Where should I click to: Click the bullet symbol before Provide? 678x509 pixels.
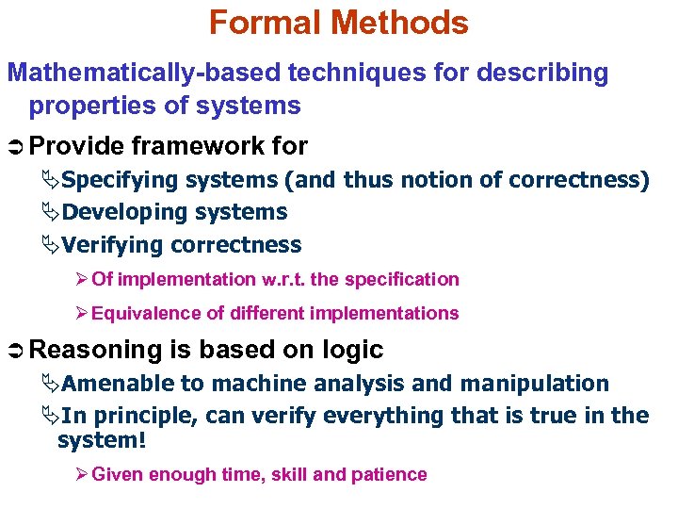(16, 147)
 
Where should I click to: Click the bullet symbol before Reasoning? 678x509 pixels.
(16, 351)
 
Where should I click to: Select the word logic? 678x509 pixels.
(351, 350)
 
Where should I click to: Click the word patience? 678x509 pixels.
(389, 474)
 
